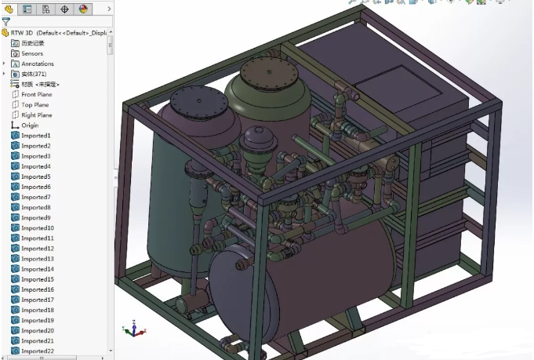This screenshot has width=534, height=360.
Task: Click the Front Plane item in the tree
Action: pos(36,94)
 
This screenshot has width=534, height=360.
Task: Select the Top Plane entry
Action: pos(35,104)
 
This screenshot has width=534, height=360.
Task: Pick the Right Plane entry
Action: pos(36,115)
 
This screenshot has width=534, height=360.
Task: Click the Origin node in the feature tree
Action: pos(30,125)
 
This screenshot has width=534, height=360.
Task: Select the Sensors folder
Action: pos(32,53)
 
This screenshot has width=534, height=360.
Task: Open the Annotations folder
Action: pos(37,64)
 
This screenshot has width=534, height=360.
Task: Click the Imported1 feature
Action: pos(35,136)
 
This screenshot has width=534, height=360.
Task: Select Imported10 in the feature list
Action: pos(37,227)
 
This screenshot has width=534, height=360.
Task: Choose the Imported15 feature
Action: pos(37,279)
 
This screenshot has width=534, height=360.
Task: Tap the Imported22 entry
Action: pos(37,351)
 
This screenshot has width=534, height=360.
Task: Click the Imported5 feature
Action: pos(35,176)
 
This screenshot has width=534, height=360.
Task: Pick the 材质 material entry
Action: pos(40,84)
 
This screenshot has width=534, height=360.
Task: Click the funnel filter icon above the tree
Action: pos(6,22)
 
